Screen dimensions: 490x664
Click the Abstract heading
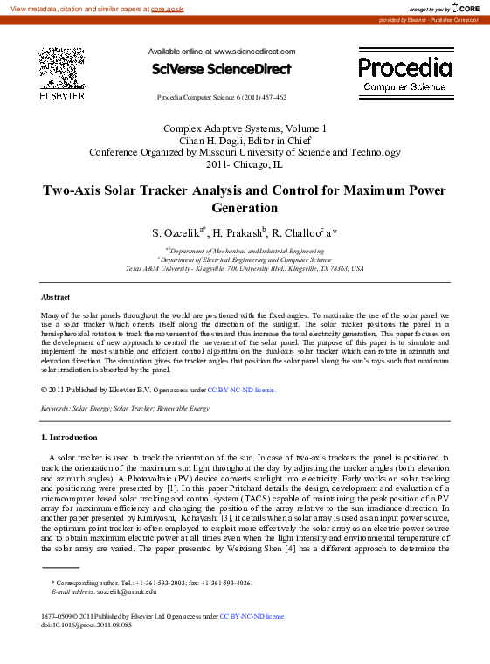pyautogui.click(x=56, y=297)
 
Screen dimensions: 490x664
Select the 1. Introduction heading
pyautogui.click(x=70, y=437)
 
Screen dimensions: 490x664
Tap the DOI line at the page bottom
pyautogui.click(x=86, y=625)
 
